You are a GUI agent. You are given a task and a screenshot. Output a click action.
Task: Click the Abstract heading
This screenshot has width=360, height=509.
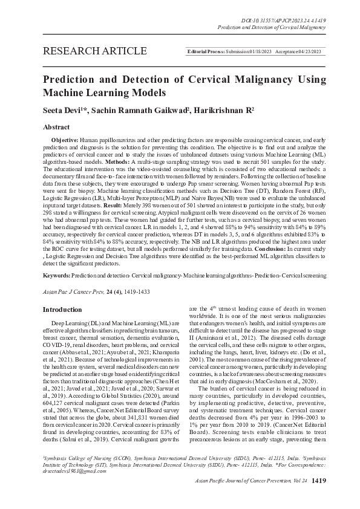point(56,128)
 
